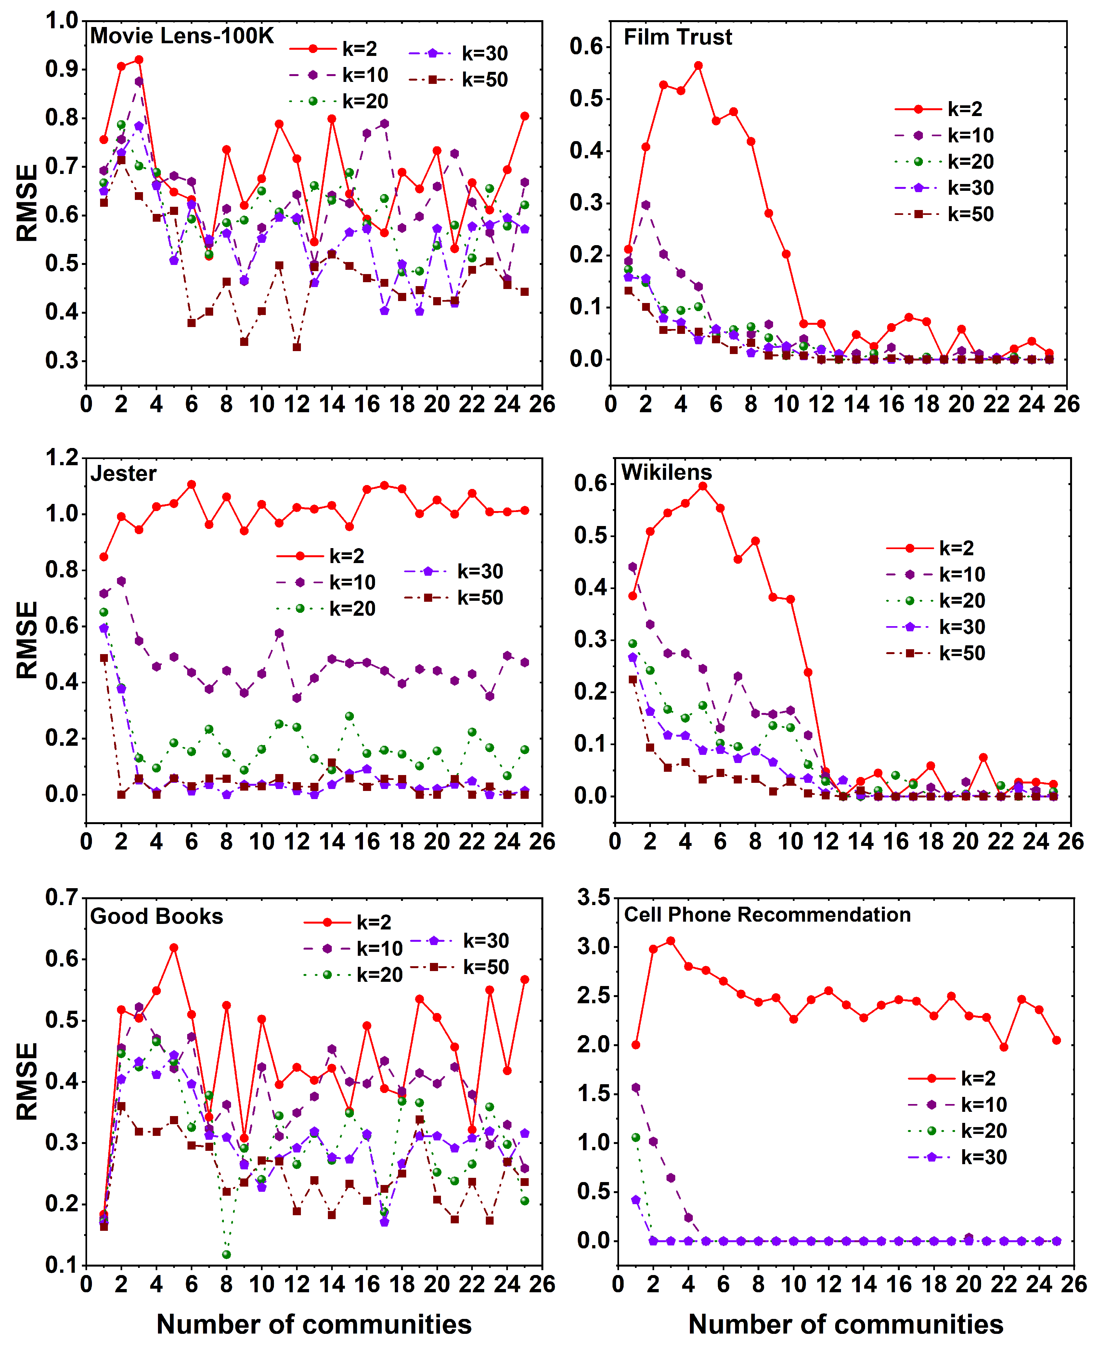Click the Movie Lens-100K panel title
tap(182, 35)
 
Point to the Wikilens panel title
tap(666, 472)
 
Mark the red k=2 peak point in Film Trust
tap(698, 66)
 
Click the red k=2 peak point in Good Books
tap(174, 948)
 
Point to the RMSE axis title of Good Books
tap(27, 1082)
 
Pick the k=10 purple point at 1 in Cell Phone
tap(636, 1088)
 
